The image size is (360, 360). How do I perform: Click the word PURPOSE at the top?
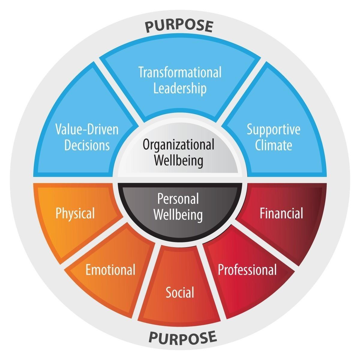tap(179, 26)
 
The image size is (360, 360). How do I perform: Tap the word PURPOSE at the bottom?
tap(183, 337)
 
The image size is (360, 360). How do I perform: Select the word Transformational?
tap(180, 73)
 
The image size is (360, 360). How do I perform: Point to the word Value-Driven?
tap(87, 130)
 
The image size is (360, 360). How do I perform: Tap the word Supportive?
tap(273, 130)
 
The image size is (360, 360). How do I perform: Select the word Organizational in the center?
tap(178, 144)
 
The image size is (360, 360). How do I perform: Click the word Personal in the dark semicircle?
tap(178, 199)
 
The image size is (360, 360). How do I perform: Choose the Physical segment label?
tap(75, 214)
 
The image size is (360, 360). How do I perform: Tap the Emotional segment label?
tap(110, 269)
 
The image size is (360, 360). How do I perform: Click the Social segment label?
tap(180, 292)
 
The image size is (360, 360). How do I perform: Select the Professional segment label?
tap(247, 269)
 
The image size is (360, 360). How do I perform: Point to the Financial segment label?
tap(281, 214)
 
